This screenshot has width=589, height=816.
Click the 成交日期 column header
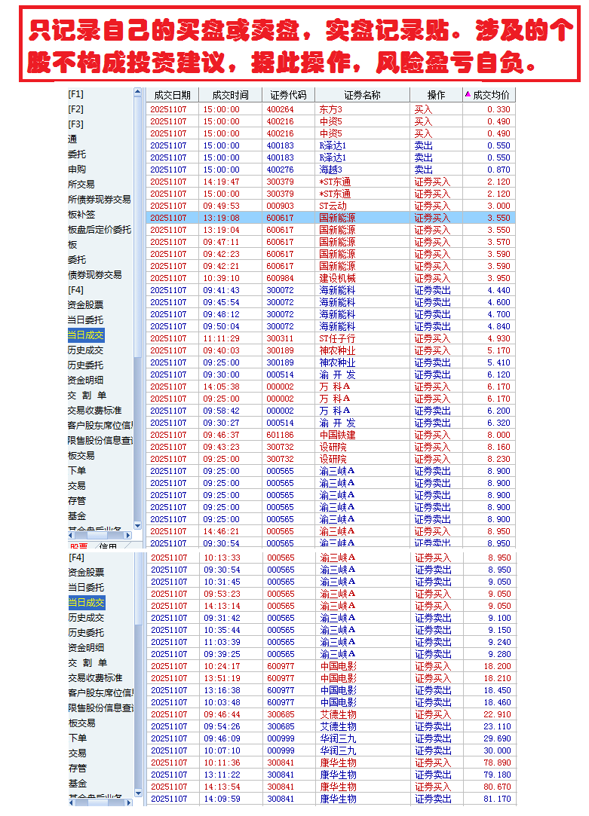coord(173,95)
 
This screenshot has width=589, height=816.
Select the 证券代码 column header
coord(287,95)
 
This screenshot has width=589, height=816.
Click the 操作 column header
coord(436,95)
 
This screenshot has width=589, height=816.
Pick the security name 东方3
coord(330,109)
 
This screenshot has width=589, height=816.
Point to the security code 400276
coord(280,170)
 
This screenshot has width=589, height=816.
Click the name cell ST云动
coord(333,206)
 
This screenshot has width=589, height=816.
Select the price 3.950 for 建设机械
coord(499,278)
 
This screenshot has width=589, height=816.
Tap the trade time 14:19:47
coord(221,182)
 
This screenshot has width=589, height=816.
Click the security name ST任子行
coord(336,338)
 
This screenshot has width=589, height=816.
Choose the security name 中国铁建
coord(337,435)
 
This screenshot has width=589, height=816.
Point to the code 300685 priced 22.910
coord(281,714)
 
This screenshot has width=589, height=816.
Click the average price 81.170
coord(497,799)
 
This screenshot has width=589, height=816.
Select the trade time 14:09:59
coord(221,799)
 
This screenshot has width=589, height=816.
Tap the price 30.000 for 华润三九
coord(497,750)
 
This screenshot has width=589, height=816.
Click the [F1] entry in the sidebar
coord(76,94)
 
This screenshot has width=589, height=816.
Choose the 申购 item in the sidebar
coord(77,170)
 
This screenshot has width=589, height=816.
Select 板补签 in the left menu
coord(81,215)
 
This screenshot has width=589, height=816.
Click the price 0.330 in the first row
coord(499,109)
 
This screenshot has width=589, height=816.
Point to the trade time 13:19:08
coord(221,218)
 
